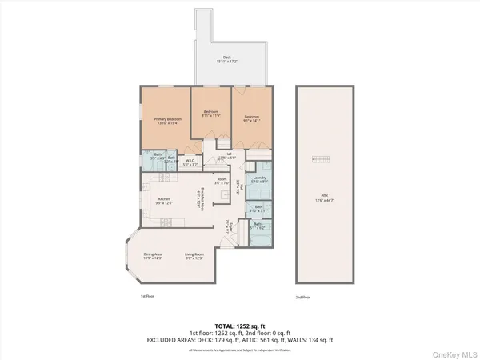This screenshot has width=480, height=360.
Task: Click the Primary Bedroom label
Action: pyautogui.click(x=168, y=121)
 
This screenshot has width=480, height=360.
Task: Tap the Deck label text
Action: pyautogui.click(x=227, y=60)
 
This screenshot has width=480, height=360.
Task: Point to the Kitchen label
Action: pyautogui.click(x=164, y=200)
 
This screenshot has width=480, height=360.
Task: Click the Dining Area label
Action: pyautogui.click(x=153, y=255)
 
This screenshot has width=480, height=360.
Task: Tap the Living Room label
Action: pyautogui.click(x=195, y=255)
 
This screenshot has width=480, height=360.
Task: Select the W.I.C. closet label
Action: pyautogui.click(x=190, y=162)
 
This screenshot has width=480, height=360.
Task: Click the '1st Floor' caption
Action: pyautogui.click(x=148, y=296)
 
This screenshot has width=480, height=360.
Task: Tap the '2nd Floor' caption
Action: pyautogui.click(x=302, y=296)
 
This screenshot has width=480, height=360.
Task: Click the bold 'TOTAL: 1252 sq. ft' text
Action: pyautogui.click(x=240, y=325)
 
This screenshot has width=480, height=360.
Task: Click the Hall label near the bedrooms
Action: pyautogui.click(x=228, y=156)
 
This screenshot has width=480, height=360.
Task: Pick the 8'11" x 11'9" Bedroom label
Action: pyautogui.click(x=211, y=114)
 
